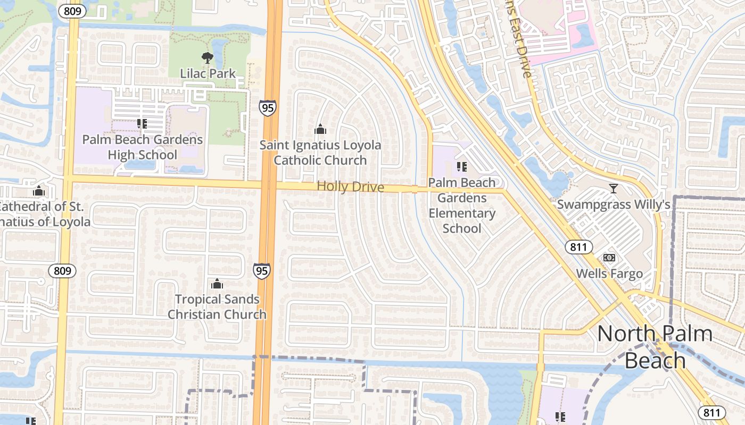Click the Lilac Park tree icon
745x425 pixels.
[x=208, y=58]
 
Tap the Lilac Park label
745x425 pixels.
[x=208, y=73]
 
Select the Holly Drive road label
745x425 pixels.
[x=350, y=186]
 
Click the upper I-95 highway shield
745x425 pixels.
[x=268, y=108]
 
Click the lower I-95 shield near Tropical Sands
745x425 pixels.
[x=261, y=270]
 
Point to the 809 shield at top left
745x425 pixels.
[x=73, y=11]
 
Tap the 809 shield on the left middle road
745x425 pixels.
[x=62, y=270]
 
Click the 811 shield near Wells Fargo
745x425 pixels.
[x=578, y=246]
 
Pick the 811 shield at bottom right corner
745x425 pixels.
[x=711, y=412]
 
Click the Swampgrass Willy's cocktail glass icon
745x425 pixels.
[x=614, y=189]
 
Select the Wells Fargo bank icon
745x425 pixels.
[x=609, y=258]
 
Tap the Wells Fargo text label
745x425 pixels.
[x=609, y=274]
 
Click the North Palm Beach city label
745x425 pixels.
[x=655, y=346]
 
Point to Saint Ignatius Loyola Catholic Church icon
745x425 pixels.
[x=320, y=129]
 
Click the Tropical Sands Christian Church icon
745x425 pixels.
[x=217, y=284]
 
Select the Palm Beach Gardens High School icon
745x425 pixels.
[x=142, y=124]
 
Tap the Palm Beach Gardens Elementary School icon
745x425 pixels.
[x=462, y=167]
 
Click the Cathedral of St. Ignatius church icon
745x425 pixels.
[x=38, y=191]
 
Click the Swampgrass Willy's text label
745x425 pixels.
[x=613, y=205]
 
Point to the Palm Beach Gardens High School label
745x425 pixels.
[x=142, y=147]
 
